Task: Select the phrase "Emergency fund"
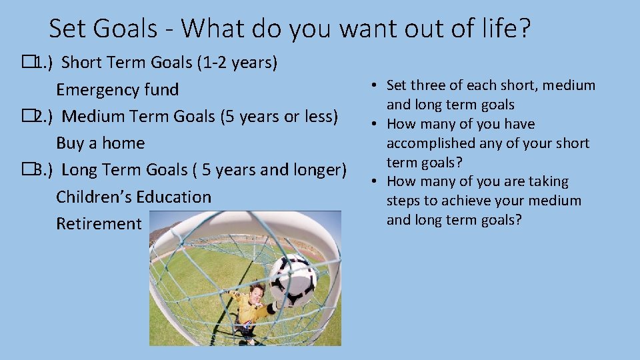(117, 89)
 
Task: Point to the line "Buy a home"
(100, 143)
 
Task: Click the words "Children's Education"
(133, 197)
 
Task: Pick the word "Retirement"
(99, 223)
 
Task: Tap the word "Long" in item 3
(80, 170)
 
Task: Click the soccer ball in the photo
(293, 279)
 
